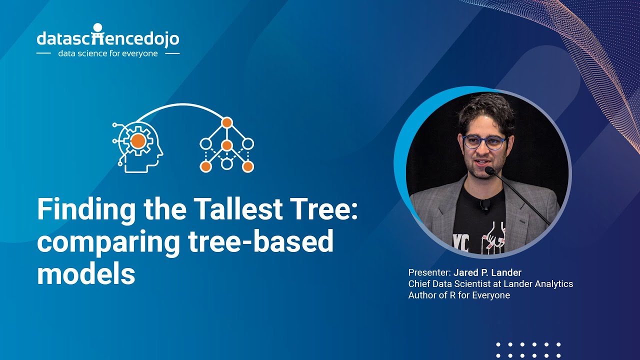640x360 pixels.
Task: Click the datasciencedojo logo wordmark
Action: pos(107,38)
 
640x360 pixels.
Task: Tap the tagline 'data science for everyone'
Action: pos(107,53)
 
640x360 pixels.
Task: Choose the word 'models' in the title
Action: pos(86,274)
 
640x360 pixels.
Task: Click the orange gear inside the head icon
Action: pos(138,141)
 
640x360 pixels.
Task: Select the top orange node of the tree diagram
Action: pos(227,122)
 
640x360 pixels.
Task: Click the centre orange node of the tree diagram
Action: pos(227,145)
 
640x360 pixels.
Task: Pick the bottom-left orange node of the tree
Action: pos(205,167)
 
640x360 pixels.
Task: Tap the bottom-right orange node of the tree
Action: pos(248,167)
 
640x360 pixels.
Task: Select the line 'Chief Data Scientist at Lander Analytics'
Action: pos(490,284)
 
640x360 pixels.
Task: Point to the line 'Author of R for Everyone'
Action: pos(459,295)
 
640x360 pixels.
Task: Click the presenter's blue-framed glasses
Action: pos(484,142)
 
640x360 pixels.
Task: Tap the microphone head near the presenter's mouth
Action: pos(489,171)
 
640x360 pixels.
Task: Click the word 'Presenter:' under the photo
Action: pos(429,272)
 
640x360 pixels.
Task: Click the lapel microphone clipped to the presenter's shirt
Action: pos(484,204)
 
